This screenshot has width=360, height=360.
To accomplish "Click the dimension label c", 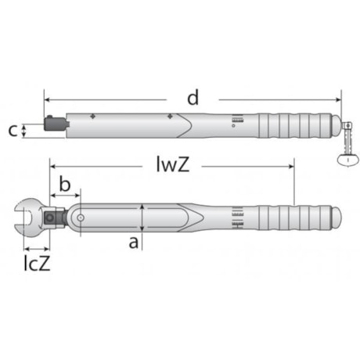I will click(13, 130).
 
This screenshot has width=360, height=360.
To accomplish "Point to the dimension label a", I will click(133, 242).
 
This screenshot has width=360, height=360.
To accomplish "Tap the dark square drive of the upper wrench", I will click(55, 124).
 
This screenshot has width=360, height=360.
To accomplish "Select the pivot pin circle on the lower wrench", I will click(81, 217).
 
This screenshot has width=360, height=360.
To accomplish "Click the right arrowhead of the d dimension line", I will click(338, 99).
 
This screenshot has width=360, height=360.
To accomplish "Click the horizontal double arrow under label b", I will click(66, 196).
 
